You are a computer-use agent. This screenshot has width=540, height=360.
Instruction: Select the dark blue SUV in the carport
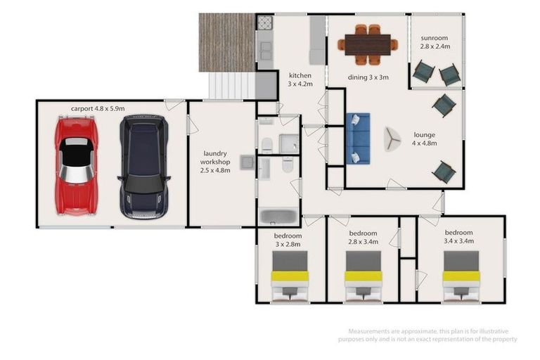[x=143, y=166]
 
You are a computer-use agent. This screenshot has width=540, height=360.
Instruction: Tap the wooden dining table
[x=365, y=44]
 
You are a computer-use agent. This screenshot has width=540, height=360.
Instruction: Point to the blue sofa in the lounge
[x=358, y=138]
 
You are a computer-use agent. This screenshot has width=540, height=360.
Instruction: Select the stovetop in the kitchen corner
[x=264, y=22]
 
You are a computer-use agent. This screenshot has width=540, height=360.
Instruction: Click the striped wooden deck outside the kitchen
[x=226, y=42]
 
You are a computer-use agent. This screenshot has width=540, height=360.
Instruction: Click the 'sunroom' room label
[x=436, y=38]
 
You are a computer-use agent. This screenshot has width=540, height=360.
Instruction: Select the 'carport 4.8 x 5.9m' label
[x=97, y=108]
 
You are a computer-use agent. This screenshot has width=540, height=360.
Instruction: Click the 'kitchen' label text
[x=299, y=75]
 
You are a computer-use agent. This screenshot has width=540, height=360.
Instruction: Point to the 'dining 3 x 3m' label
[x=368, y=77]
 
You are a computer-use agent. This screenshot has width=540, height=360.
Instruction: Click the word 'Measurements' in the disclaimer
[x=371, y=331]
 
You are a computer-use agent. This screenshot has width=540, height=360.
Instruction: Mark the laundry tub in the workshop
[x=247, y=162]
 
